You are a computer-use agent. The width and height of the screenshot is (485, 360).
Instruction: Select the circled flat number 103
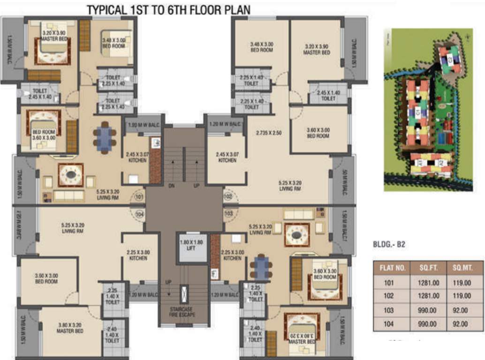(x=228, y=214)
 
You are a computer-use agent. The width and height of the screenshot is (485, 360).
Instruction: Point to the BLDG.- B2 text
(x=389, y=244)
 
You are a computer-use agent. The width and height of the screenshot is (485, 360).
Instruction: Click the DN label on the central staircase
(x=171, y=186)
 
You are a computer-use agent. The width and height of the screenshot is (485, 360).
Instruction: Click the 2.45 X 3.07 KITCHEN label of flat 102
(x=227, y=157)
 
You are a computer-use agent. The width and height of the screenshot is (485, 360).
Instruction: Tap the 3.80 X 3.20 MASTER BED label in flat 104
(x=70, y=328)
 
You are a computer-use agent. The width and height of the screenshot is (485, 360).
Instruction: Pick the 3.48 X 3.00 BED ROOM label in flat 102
(x=262, y=47)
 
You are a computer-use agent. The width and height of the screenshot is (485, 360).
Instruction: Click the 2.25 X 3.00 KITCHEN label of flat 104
(x=138, y=255)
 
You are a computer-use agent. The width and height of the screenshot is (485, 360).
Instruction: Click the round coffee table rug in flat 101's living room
(x=71, y=175)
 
